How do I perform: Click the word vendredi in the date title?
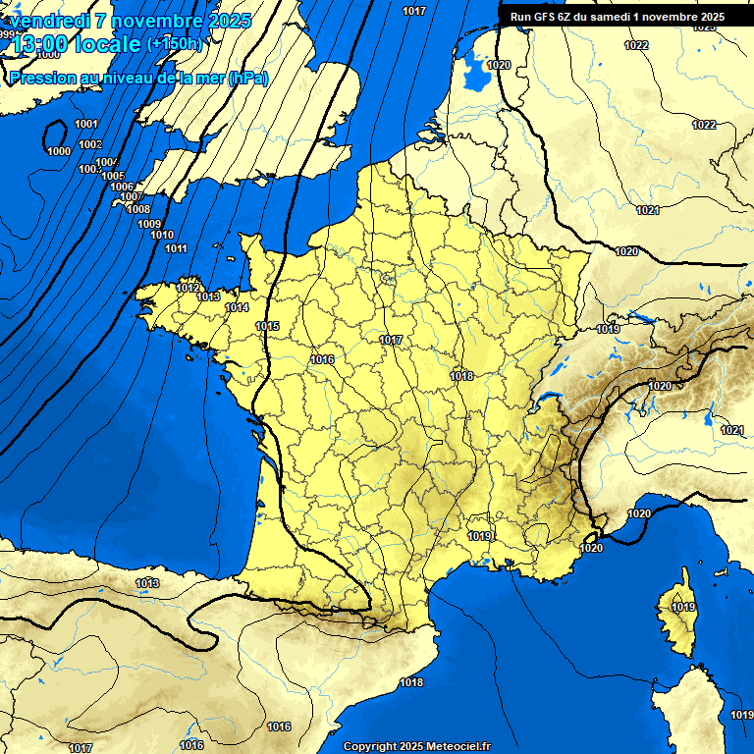coord(48,20)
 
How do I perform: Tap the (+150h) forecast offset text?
coord(174,43)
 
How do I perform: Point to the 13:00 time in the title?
coord(35,43)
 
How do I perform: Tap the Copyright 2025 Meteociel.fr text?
coord(416,746)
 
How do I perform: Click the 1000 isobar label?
coord(59,151)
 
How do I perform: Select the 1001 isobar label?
coord(86,124)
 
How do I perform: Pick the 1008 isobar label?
coord(138,209)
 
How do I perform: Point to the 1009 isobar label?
coord(149,224)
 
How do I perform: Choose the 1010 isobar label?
coord(162,235)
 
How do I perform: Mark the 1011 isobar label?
coord(176,248)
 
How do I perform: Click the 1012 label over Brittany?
coord(188,288)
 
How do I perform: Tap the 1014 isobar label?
coord(237,307)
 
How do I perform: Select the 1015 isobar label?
coord(267,326)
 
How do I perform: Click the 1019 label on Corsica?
coord(683,607)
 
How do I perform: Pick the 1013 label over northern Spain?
coord(147,583)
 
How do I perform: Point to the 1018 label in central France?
coord(461,376)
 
